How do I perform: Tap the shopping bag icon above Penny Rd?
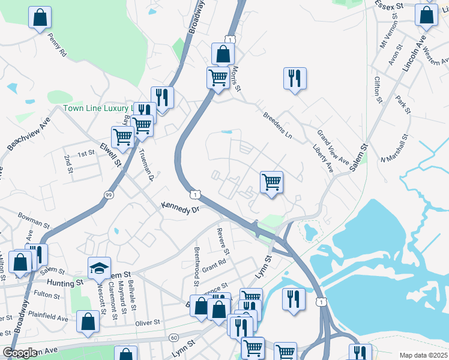coord(40,18)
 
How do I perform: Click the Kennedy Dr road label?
coord(179,208)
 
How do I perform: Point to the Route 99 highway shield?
coord(109,194)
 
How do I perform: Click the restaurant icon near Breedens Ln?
coord(295,79)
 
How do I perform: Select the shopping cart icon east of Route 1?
coord(271,182)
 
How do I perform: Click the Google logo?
coord(19,353)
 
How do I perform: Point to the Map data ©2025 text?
coord(423,355)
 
